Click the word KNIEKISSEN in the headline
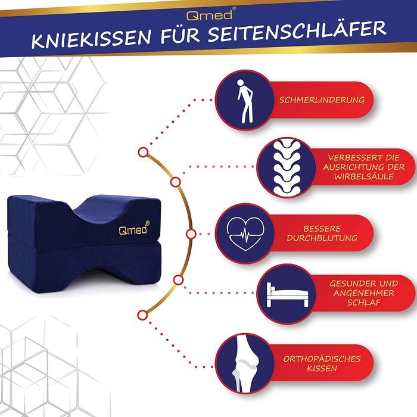(x=91, y=39)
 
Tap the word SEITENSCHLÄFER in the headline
(x=297, y=32)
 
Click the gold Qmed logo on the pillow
(x=134, y=228)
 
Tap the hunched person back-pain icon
(x=245, y=101)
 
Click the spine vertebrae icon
(x=287, y=167)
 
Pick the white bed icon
(x=287, y=295)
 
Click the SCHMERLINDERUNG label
(x=322, y=100)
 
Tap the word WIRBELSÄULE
(x=364, y=177)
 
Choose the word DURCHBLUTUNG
(x=322, y=238)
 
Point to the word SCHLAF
(x=364, y=303)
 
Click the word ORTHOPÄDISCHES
(x=322, y=359)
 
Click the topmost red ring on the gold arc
(x=144, y=153)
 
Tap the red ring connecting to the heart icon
(x=191, y=234)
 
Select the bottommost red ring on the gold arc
(x=143, y=315)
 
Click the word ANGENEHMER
(x=364, y=293)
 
